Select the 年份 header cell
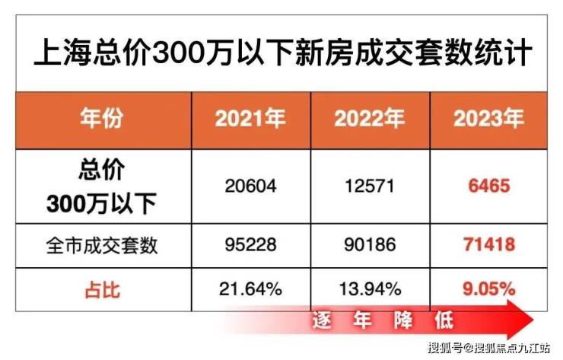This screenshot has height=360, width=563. [103, 119]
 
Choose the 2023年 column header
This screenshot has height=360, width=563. [488, 119]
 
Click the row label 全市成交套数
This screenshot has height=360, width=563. [103, 245]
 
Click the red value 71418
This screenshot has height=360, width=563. [488, 245]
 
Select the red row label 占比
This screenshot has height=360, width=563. [103, 288]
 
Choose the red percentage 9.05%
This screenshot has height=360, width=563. [488, 288]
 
